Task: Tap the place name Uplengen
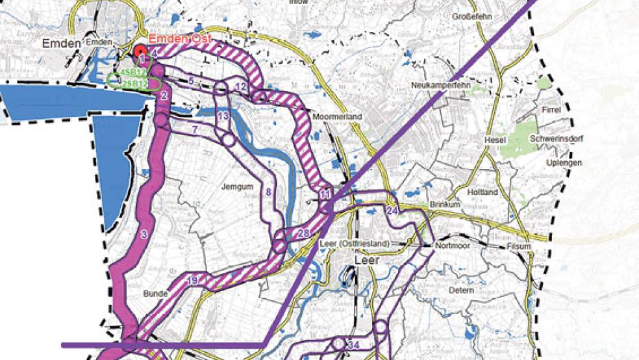coord(564,163)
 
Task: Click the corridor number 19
coord(192,281)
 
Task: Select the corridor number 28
coord(303,234)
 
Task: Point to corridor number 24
coord(392,211)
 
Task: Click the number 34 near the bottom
coord(354,344)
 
